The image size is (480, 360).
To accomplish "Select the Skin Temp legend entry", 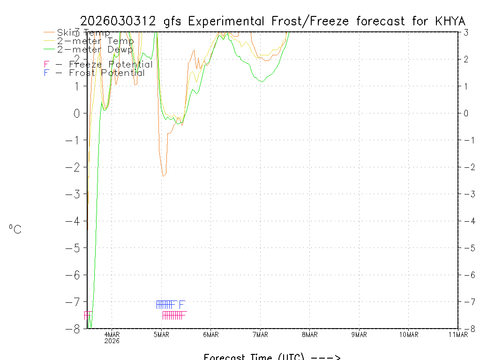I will pos(83,33).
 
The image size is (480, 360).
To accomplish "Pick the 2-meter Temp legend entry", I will pos(95,41).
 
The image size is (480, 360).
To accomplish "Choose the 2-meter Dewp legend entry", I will pos(95,49).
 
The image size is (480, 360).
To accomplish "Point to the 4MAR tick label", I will pos(112,334).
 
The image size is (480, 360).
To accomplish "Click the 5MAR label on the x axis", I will pos(161,334).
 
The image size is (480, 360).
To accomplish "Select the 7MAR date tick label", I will pos(260,334).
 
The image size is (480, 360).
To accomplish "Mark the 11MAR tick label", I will pos(458,334).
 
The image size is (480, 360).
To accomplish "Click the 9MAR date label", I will pos(359,334).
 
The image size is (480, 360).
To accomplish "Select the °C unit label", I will pos(15,230).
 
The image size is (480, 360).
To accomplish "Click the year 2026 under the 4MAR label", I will pos(112,341).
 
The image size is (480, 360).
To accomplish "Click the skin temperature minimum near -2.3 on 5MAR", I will pos(163,176).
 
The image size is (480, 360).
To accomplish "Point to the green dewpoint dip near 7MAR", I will pos(262,82).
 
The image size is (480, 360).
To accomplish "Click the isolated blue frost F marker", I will pos(182,304).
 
